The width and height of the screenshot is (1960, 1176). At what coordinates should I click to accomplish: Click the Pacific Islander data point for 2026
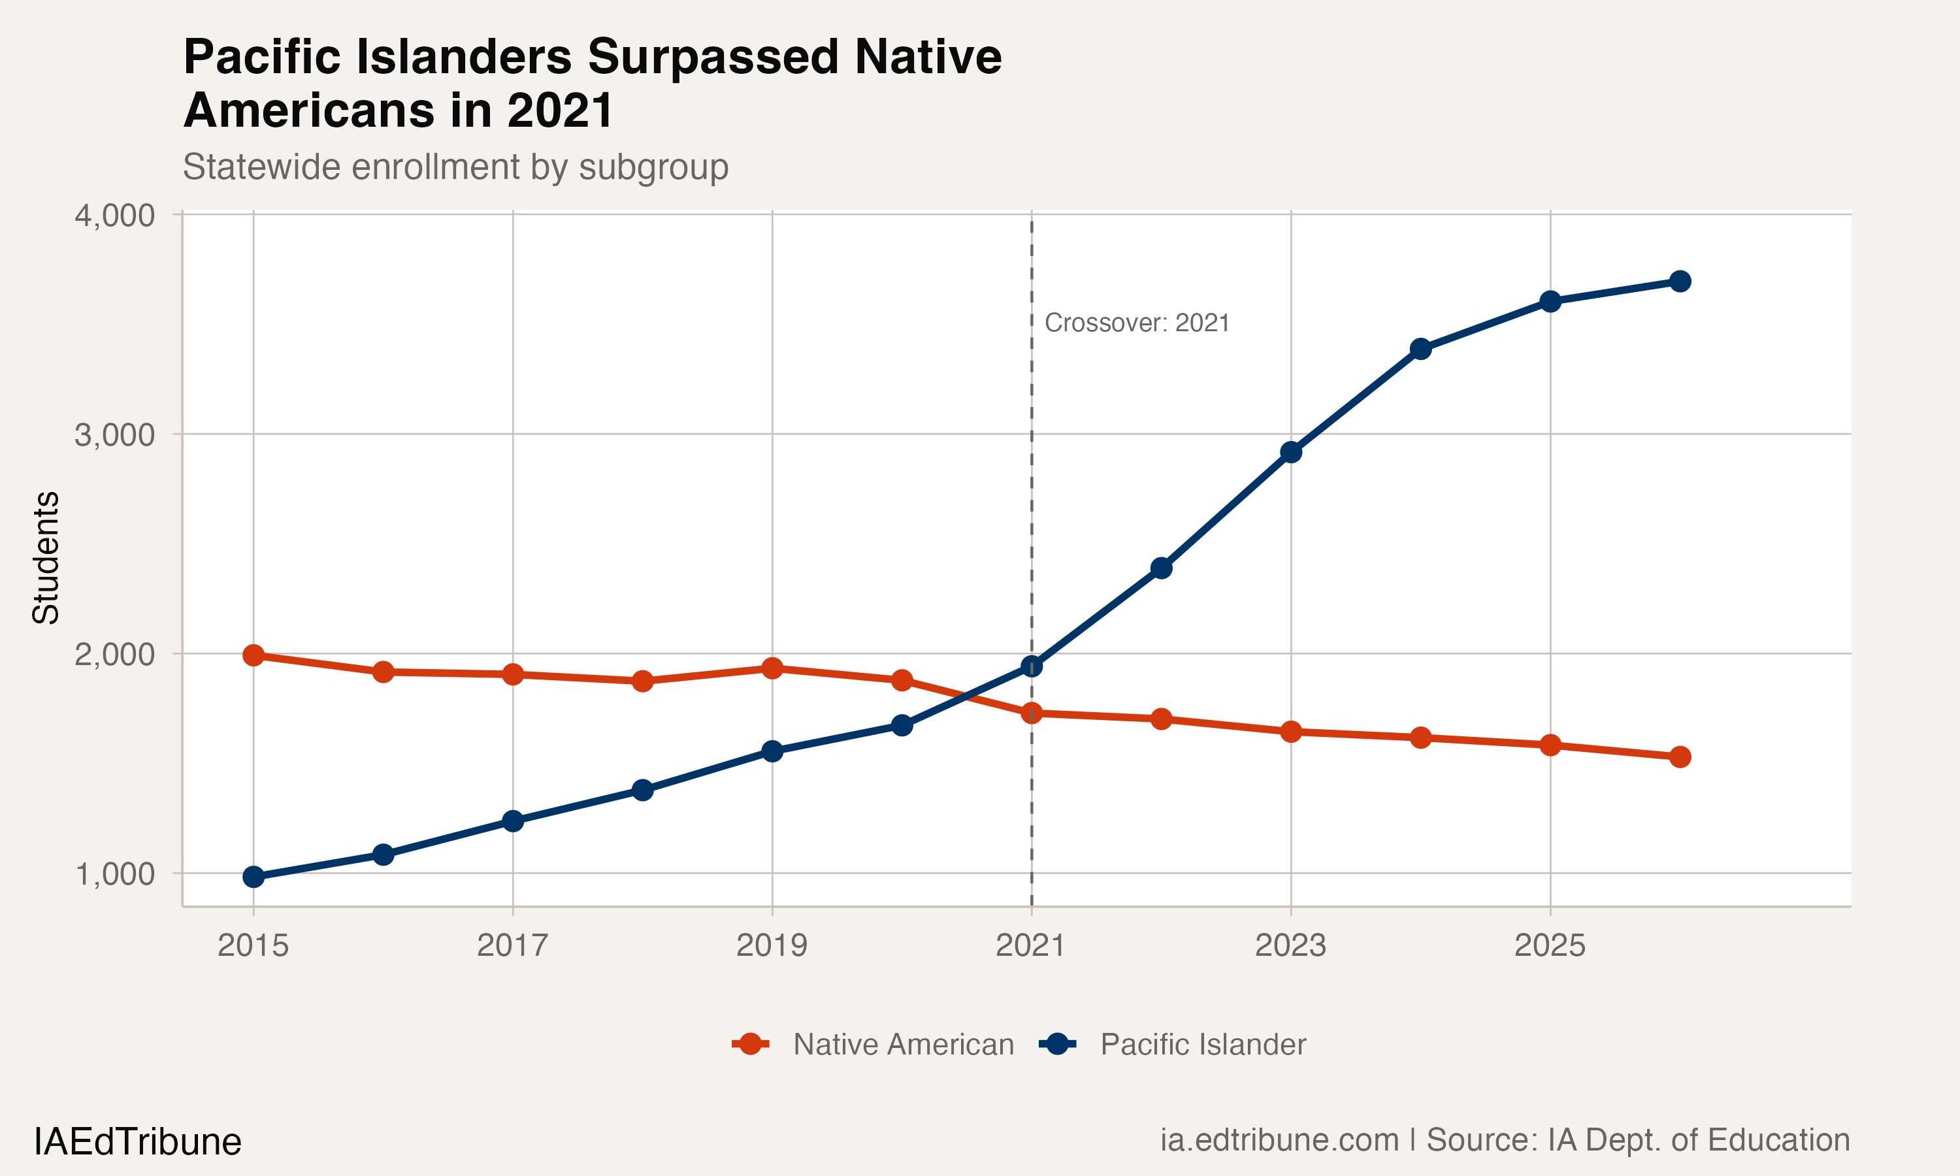pyautogui.click(x=1680, y=282)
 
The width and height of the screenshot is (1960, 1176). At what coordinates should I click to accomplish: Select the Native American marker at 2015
pyautogui.click(x=253, y=655)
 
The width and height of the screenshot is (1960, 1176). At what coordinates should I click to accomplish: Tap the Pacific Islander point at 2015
pyautogui.click(x=253, y=877)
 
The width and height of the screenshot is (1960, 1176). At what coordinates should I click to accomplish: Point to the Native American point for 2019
pyautogui.click(x=772, y=668)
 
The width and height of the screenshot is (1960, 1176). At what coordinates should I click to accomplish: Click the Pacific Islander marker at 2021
pyautogui.click(x=1032, y=666)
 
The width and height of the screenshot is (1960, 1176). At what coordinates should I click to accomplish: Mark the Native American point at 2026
pyautogui.click(x=1680, y=757)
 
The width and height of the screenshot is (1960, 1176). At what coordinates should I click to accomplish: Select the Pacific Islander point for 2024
pyautogui.click(x=1420, y=349)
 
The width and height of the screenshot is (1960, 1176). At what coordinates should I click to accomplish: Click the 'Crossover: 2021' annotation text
pyautogui.click(x=1137, y=323)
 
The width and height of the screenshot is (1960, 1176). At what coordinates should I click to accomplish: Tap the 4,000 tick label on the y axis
pyautogui.click(x=115, y=216)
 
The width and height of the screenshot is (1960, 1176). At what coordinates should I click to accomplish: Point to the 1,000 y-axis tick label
pyautogui.click(x=115, y=874)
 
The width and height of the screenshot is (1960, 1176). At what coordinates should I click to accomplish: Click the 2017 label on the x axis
pyautogui.click(x=513, y=945)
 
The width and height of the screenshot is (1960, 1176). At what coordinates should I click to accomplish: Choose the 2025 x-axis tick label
pyautogui.click(x=1550, y=945)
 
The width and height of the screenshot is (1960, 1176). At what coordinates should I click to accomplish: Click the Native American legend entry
pyautogui.click(x=903, y=1045)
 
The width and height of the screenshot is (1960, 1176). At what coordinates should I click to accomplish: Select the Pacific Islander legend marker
pyautogui.click(x=1057, y=1045)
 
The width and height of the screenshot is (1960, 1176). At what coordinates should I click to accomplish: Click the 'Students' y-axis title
pyautogui.click(x=46, y=557)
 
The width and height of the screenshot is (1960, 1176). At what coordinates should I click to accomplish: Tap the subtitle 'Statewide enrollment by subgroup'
pyautogui.click(x=455, y=167)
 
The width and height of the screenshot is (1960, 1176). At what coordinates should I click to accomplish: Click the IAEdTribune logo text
pyautogui.click(x=138, y=1142)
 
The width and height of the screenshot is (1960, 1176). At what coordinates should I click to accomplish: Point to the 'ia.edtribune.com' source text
pyautogui.click(x=1279, y=1139)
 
